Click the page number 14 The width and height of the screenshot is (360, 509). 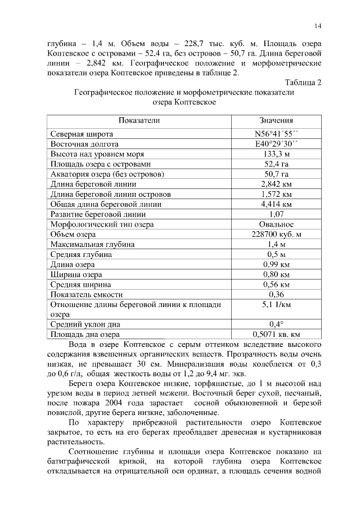click(317, 26)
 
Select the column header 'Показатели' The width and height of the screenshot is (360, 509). click(139, 120)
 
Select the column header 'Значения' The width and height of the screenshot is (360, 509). click(276, 120)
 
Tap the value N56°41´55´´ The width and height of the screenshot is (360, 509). click(276, 134)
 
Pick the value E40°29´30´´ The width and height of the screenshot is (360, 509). click(276, 144)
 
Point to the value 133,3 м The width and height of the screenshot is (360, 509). click(276, 154)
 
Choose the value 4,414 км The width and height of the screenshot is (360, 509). click(276, 204)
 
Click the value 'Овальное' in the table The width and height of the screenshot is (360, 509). click(276, 224)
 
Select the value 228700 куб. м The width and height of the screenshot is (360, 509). click(276, 235)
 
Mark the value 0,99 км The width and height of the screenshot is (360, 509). click(276, 264)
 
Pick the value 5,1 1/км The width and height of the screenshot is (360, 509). click(276, 305)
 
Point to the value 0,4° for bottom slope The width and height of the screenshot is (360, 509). click(276, 325)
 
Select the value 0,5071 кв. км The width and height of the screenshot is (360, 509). click(276, 335)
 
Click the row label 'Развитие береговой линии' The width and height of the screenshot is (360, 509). click(98, 214)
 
